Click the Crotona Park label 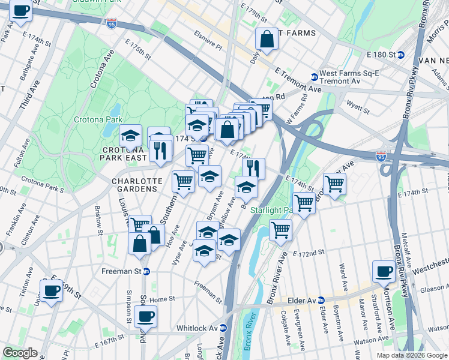point(98,119)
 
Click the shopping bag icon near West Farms point(267,39)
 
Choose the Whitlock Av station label point(200,328)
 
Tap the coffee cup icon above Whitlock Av point(145,316)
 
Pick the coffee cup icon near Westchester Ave point(384,271)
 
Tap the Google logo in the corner point(20,353)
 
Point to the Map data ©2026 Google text point(411,355)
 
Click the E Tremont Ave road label point(298,80)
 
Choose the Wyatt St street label point(358,107)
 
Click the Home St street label point(162,299)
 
